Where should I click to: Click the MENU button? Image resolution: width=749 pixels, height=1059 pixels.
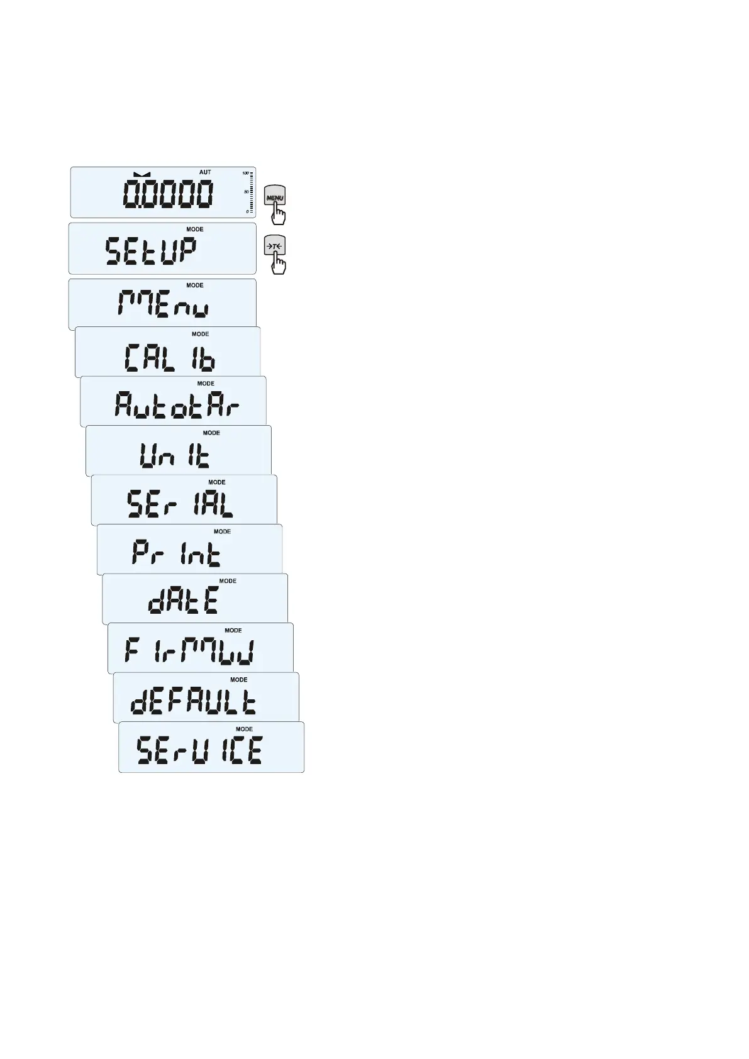[x=275, y=196]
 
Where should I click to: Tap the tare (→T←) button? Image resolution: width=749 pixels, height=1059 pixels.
[x=275, y=246]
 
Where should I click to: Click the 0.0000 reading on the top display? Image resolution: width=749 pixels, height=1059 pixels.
[x=168, y=194]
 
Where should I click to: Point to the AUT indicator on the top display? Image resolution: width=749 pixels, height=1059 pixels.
[x=205, y=172]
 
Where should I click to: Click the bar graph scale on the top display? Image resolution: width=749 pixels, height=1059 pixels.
[x=250, y=192]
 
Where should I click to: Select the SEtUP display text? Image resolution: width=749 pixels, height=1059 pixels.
[x=151, y=251]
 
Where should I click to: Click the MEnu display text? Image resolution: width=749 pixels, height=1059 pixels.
[x=163, y=306]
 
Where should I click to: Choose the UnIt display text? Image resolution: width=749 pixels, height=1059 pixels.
[x=175, y=455]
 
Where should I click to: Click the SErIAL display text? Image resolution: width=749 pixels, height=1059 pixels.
[x=180, y=504]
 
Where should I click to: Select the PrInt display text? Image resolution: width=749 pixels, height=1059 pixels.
[x=177, y=553]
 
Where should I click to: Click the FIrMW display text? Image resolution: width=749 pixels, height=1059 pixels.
[x=189, y=651]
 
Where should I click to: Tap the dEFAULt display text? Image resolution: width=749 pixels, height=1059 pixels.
[x=193, y=701]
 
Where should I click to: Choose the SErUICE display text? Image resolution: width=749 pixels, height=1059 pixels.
[x=200, y=750]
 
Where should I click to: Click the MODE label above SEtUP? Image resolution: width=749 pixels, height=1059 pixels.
[x=195, y=230]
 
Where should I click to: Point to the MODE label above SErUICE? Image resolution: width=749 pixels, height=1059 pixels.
[x=244, y=729]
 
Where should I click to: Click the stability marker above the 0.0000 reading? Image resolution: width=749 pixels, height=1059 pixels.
[x=142, y=174]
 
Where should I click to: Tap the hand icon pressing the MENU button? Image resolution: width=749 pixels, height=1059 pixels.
[x=278, y=214]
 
